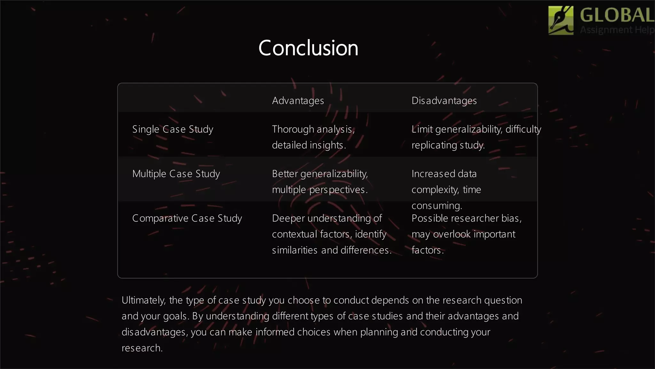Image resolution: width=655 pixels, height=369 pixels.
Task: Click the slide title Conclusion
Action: pos(308,48)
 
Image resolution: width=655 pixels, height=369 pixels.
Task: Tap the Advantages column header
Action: pos(298,101)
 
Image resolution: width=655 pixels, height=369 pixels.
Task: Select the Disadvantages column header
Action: pos(444,101)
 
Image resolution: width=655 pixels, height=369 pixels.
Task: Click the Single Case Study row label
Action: pos(173,129)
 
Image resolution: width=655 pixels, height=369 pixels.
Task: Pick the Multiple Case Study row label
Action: pos(176,174)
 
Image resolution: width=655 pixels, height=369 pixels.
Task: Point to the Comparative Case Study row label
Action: pos(187,218)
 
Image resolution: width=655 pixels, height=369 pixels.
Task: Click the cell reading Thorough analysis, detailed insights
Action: pos(313,137)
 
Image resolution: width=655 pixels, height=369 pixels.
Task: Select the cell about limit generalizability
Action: pos(476,137)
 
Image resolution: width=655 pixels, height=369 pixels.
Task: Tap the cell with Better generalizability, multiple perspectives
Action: pos(320,182)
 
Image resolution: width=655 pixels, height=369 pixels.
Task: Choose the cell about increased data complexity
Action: pos(446,189)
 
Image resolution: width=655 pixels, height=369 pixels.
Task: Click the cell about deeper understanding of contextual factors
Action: pos(332,234)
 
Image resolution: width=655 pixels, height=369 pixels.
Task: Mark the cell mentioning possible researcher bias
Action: pos(466,234)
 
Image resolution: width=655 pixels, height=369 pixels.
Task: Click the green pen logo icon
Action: pos(561,20)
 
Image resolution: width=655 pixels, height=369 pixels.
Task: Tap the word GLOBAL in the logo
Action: pos(617,15)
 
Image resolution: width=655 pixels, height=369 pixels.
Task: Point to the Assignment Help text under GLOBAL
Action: pos(617,30)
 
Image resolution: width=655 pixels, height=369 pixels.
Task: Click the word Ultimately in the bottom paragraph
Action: pos(143,300)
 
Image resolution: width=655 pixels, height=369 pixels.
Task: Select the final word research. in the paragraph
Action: pos(142,348)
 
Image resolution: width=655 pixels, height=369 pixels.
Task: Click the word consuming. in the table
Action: pos(437,205)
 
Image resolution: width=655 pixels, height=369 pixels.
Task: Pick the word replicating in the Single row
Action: pos(434,145)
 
